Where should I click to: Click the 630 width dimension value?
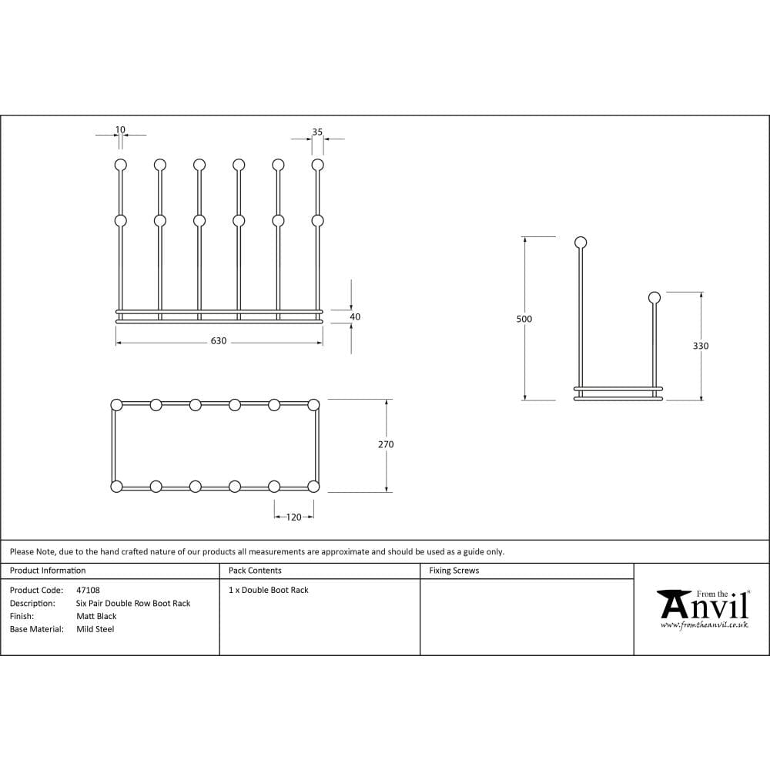point(219,341)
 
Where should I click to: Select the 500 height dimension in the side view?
point(524,319)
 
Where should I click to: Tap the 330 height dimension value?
point(701,346)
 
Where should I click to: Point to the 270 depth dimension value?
point(386,444)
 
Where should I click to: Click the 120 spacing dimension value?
point(294,517)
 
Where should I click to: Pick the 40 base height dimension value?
point(355,316)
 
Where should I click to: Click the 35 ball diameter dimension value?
point(317,132)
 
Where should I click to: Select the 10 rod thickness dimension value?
point(120,130)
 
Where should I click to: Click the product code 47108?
point(88,591)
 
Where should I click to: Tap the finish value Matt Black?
point(96,616)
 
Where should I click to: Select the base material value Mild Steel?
point(95,629)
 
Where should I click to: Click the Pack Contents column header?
point(255,571)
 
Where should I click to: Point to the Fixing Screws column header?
point(454,571)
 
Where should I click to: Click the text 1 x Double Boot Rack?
point(268,590)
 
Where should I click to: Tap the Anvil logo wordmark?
point(704,606)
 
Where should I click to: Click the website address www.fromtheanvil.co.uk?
point(704,625)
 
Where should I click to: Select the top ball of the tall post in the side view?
point(581,243)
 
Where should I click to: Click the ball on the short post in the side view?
point(654,297)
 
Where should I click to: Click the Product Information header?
point(48,571)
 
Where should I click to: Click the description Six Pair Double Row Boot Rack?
point(133,604)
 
